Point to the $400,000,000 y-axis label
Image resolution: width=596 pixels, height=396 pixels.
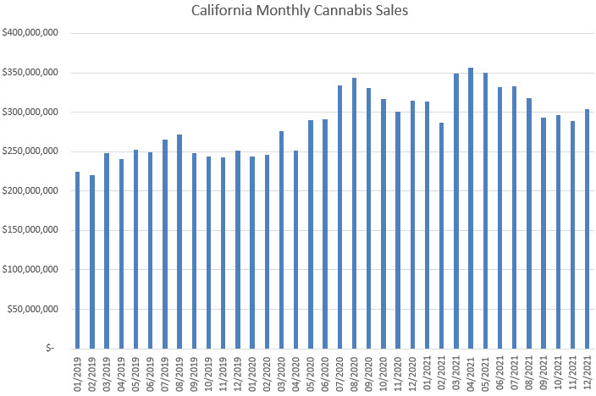[30, 33]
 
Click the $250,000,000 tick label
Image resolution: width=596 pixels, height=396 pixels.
[30, 151]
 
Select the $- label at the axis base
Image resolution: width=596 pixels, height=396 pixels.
[50, 348]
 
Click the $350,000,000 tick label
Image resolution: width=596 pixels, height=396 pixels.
[30, 73]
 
